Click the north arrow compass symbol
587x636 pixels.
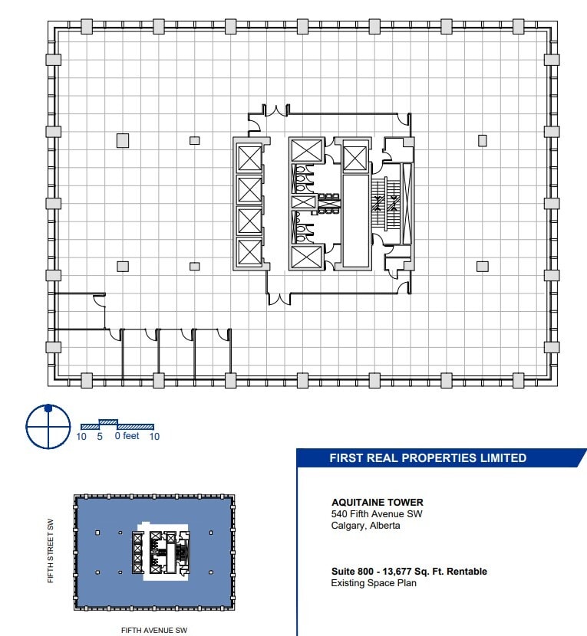[x=48, y=426]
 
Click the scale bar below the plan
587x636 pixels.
[x=117, y=425]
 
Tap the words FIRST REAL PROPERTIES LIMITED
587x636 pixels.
[x=427, y=458]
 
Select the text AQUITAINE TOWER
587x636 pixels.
[x=377, y=503]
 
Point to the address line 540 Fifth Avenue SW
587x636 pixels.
[x=377, y=514]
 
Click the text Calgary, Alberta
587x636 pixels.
[x=365, y=526]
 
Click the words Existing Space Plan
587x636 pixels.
[x=373, y=583]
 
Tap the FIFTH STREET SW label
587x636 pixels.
[x=51, y=552]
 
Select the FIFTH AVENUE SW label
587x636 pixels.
[x=154, y=631]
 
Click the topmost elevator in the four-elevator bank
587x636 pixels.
[x=249, y=158]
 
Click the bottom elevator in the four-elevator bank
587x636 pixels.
[x=249, y=252]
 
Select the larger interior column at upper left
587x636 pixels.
[x=122, y=140]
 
